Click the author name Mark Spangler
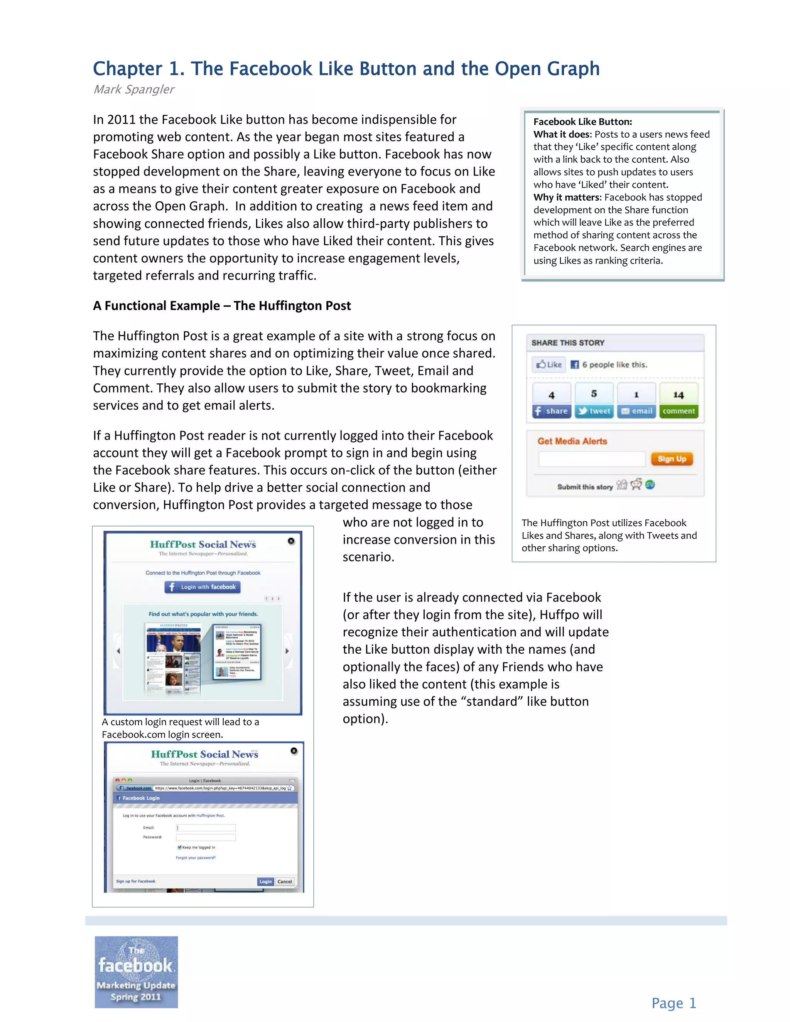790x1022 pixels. point(134,89)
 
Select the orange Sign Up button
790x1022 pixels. point(672,459)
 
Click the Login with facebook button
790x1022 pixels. point(202,587)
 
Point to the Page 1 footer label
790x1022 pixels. point(674,1003)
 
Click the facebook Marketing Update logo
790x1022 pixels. point(136,972)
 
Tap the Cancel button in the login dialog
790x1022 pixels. point(285,881)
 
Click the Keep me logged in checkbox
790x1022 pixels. point(179,847)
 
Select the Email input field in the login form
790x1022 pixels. point(206,827)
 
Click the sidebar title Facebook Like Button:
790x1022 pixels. point(583,121)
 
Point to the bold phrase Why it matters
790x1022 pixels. point(567,197)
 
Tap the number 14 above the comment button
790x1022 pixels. point(679,395)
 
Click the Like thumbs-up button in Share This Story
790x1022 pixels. point(549,364)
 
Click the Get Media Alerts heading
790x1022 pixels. point(572,441)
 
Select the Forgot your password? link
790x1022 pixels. point(196,858)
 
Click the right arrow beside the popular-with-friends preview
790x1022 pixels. point(287,651)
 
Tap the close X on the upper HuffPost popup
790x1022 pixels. point(291,541)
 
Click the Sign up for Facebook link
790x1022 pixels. point(136,881)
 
